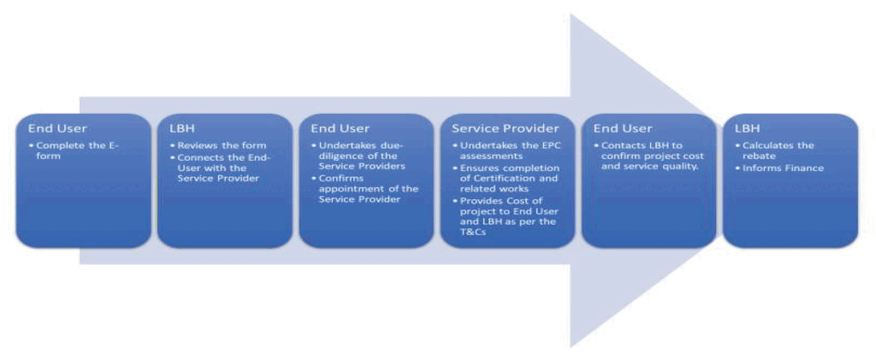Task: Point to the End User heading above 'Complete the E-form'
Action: click(x=57, y=129)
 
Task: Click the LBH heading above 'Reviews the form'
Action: click(x=182, y=129)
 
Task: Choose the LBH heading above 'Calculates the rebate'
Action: click(x=748, y=129)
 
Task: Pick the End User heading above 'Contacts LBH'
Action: click(x=623, y=129)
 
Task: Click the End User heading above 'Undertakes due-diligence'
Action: click(x=340, y=129)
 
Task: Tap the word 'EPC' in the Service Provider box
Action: click(x=541, y=145)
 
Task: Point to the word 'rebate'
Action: click(x=759, y=156)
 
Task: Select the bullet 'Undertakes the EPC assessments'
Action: click(x=506, y=150)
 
